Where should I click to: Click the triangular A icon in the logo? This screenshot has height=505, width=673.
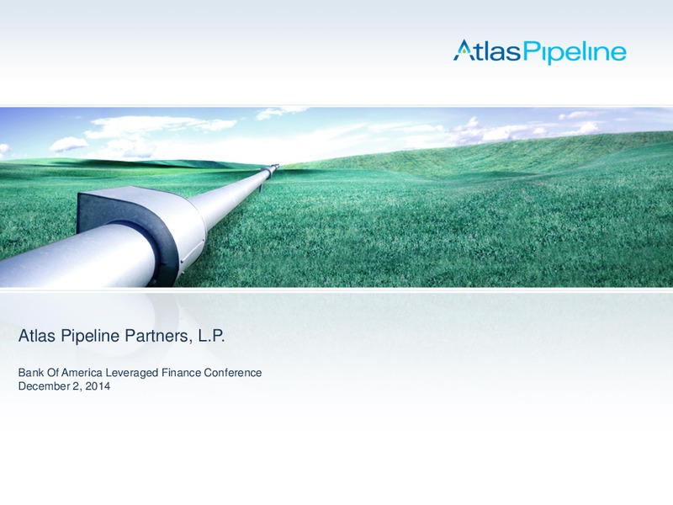(462, 50)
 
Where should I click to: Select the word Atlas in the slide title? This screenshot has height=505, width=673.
(37, 335)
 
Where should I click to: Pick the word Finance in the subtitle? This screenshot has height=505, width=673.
(181, 372)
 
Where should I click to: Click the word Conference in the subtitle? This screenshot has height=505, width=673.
(233, 372)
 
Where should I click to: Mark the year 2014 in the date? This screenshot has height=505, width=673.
(98, 386)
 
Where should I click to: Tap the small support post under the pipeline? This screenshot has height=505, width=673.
(260, 188)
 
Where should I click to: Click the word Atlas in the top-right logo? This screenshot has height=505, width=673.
(487, 50)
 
